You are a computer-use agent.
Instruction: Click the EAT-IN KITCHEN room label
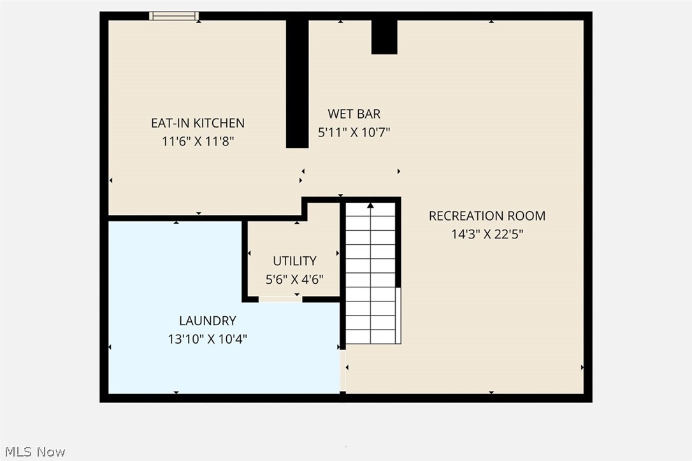tap(197, 123)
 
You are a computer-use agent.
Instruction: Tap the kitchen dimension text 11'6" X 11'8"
tap(197, 142)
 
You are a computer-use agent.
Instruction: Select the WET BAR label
tap(354, 114)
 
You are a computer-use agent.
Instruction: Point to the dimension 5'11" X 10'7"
tap(354, 133)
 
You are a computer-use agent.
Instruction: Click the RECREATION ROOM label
tap(487, 216)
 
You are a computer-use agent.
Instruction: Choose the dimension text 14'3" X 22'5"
tap(487, 234)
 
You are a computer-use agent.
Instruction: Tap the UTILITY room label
tap(294, 261)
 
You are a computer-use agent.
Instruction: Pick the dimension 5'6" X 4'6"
tap(294, 279)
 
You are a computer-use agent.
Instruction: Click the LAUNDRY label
tap(207, 321)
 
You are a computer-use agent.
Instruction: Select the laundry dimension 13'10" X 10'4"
tap(207, 339)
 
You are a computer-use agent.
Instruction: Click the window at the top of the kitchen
tap(174, 16)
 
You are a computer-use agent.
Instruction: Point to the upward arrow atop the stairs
tap(370, 206)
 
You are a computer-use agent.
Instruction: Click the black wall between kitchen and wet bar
tap(297, 83)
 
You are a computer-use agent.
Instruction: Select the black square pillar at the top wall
tap(384, 37)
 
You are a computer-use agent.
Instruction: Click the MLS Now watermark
tap(32, 451)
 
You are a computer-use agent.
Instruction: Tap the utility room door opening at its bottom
tap(280, 298)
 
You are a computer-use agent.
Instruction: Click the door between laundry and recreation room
tap(343, 370)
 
